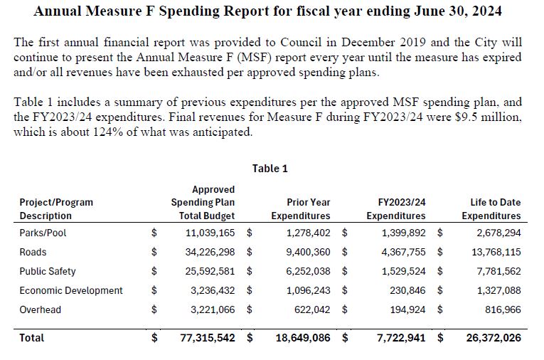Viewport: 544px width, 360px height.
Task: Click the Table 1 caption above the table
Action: click(x=270, y=169)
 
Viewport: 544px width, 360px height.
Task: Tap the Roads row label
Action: click(x=33, y=252)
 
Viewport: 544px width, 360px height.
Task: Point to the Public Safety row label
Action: click(x=48, y=271)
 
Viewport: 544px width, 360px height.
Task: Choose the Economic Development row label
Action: click(x=71, y=290)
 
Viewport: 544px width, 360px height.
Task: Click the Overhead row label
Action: click(x=41, y=309)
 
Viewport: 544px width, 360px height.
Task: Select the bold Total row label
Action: click(x=32, y=338)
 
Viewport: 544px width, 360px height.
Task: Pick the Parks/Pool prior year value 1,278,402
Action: click(x=308, y=233)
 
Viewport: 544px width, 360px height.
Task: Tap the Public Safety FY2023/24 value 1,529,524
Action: click(x=403, y=271)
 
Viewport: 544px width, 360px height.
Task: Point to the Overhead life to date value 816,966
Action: click(x=502, y=309)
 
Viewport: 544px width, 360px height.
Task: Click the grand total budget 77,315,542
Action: click(x=208, y=338)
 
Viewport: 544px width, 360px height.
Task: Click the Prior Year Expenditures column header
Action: click(x=301, y=209)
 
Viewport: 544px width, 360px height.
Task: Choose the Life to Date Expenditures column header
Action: click(x=491, y=209)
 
